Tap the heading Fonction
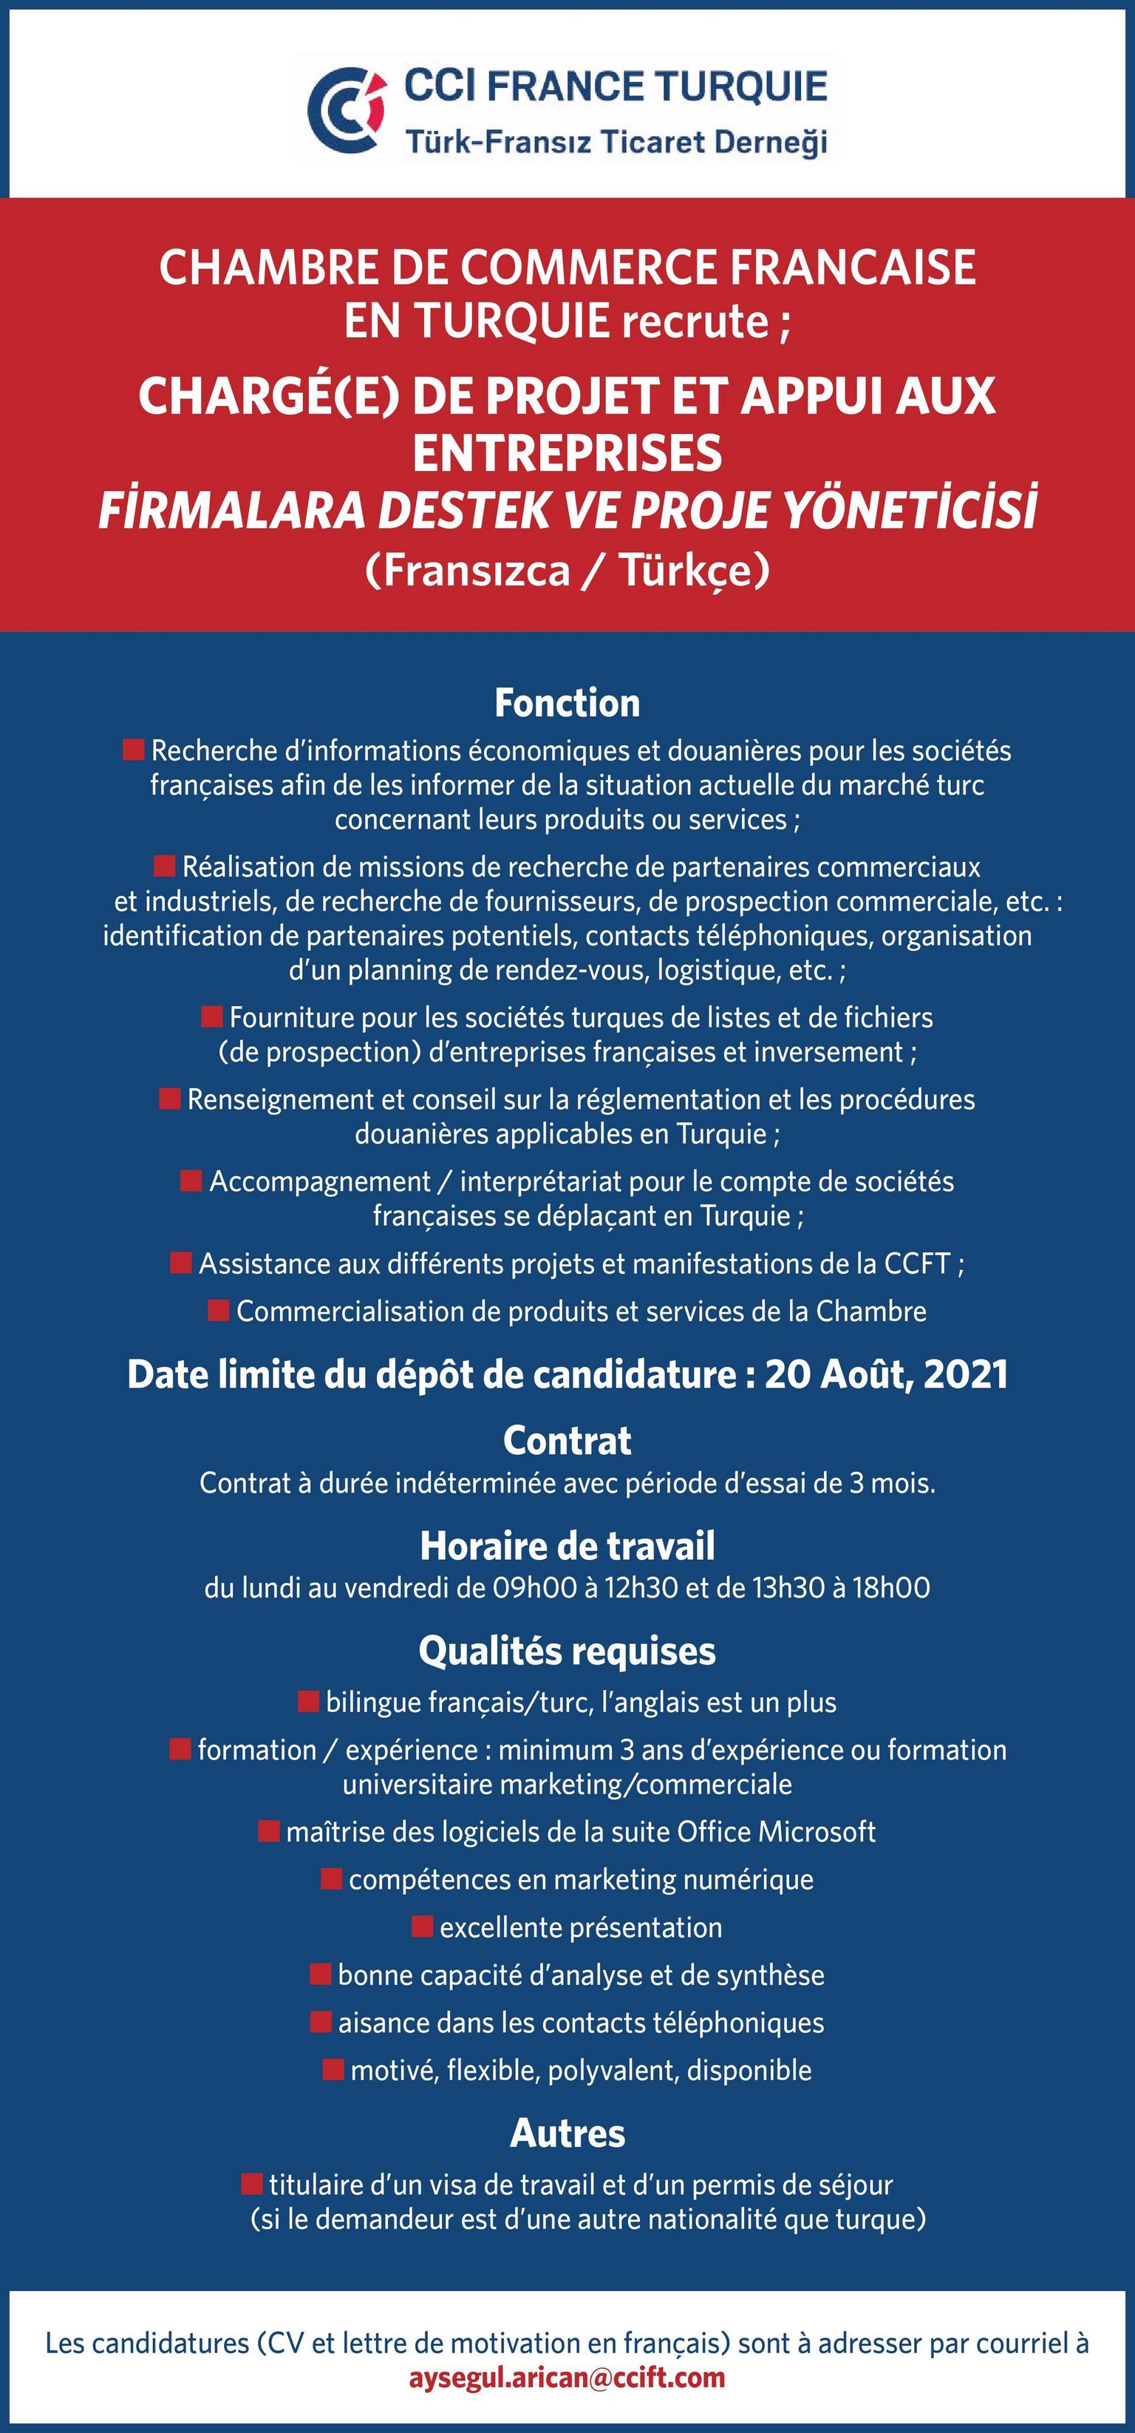coord(567,704)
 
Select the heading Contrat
coord(567,1440)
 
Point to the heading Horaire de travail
coord(567,1546)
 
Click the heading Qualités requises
coord(567,1651)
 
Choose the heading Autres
coord(567,2134)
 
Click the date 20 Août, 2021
coord(886,1374)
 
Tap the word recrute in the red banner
coord(695,322)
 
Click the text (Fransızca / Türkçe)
coord(567,571)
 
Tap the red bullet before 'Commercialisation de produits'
coord(218,1310)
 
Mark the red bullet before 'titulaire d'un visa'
coord(251,2184)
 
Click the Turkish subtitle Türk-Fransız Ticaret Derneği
coord(616,143)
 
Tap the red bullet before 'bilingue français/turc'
coord(308,1702)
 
